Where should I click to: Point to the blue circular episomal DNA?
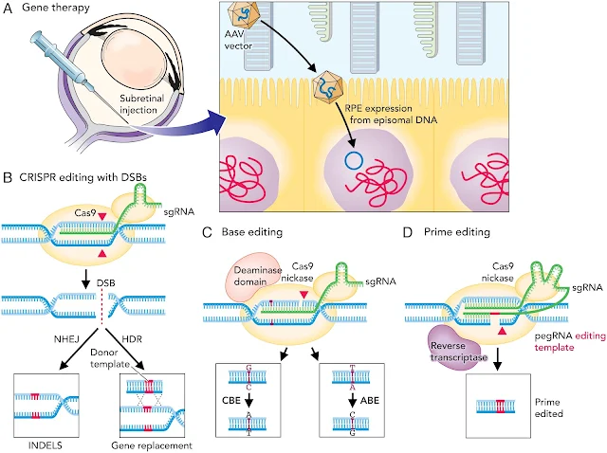(x=353, y=159)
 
